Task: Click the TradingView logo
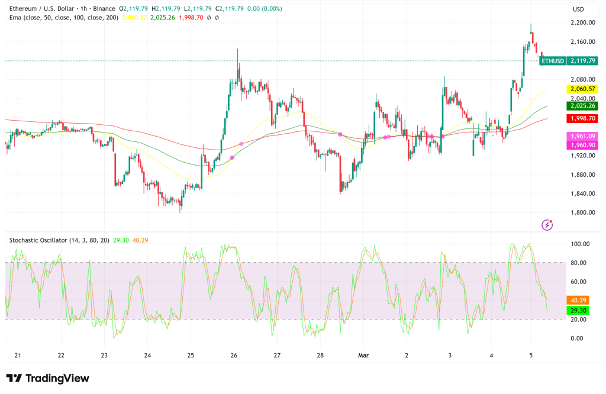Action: click(x=47, y=378)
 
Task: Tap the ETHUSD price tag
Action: click(x=552, y=60)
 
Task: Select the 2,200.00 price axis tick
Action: click(x=582, y=22)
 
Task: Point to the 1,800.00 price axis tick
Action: click(x=582, y=212)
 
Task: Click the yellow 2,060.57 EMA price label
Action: click(x=582, y=89)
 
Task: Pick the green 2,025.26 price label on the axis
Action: click(x=582, y=106)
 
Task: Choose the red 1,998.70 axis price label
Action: click(x=582, y=118)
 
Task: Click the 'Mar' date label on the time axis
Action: click(x=363, y=355)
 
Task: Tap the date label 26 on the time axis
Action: click(x=234, y=355)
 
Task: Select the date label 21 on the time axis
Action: click(x=18, y=355)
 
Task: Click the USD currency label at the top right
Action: click(x=579, y=9)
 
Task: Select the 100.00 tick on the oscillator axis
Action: click(x=581, y=244)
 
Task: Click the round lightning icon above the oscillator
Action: click(x=547, y=224)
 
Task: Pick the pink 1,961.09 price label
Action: click(x=582, y=136)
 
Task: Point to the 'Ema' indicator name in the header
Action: click(x=16, y=18)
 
